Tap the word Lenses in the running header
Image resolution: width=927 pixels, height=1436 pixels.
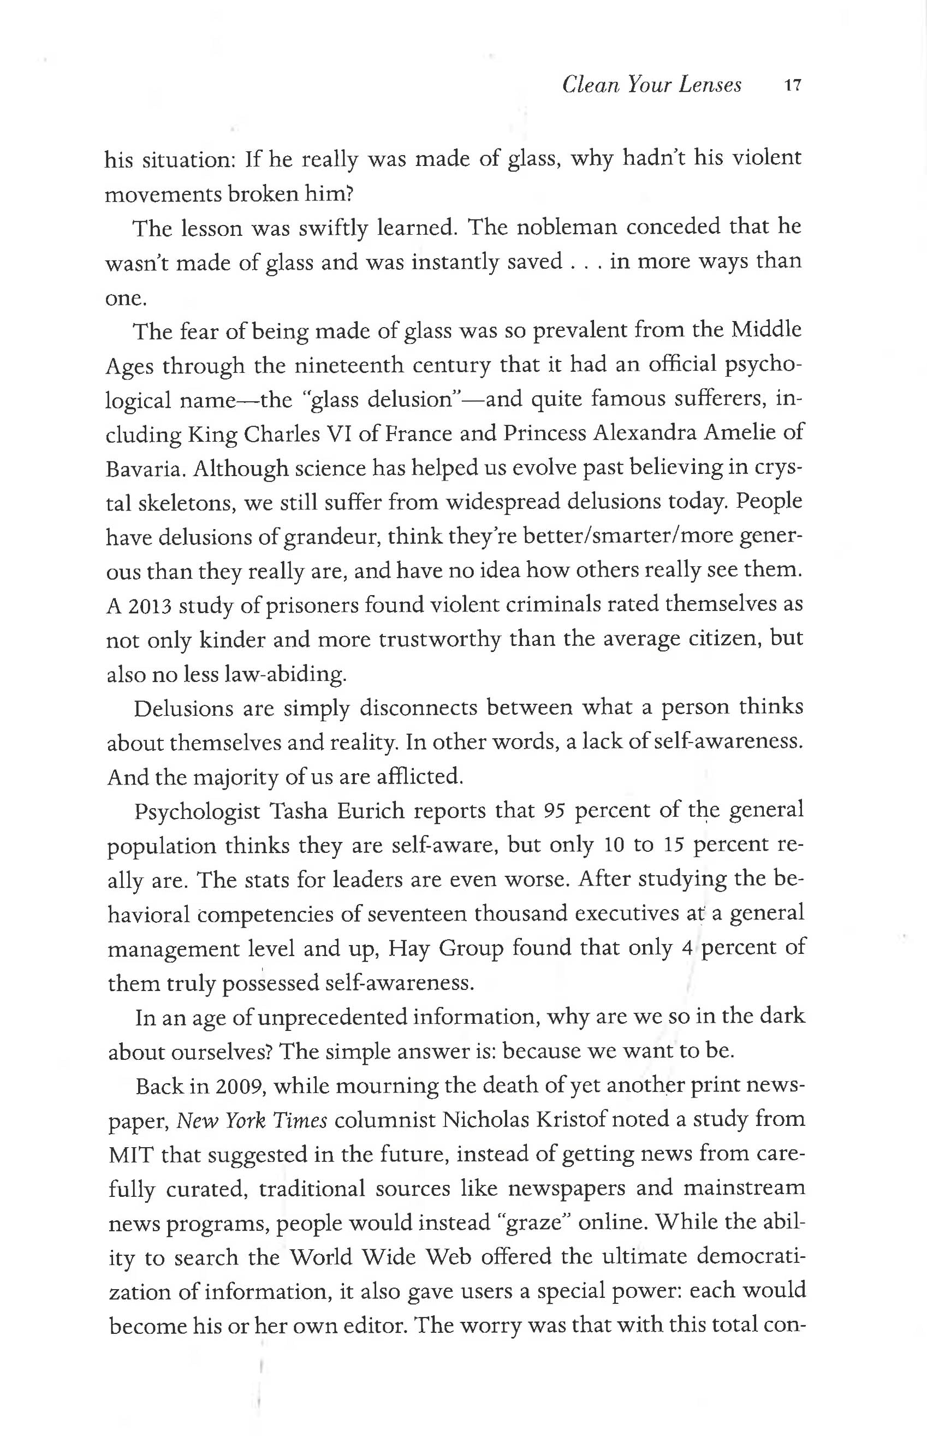pyautogui.click(x=710, y=85)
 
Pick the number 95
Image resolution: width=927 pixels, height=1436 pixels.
pyautogui.click(x=554, y=811)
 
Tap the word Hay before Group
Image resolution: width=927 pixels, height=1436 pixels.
pyautogui.click(x=409, y=948)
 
